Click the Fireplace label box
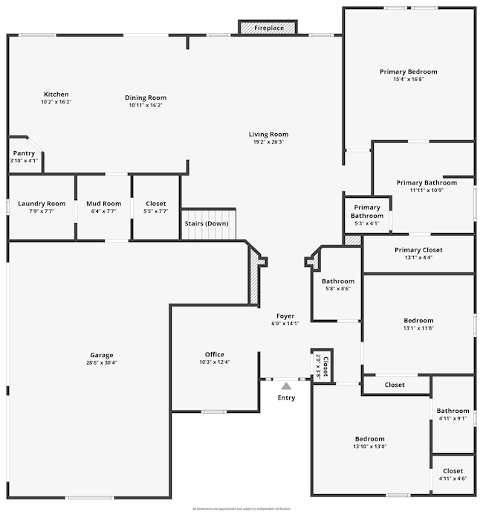click(268, 28)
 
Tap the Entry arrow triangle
click(286, 385)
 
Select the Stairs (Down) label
click(207, 224)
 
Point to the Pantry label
click(24, 153)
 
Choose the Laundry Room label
click(42, 204)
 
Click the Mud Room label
click(103, 204)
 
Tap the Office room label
click(215, 354)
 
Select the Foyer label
click(286, 316)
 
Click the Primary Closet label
click(418, 250)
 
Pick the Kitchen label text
click(56, 95)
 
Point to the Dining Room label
click(146, 97)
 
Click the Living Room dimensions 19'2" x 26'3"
click(268, 142)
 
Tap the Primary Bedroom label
click(409, 71)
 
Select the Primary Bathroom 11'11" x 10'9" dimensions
click(426, 190)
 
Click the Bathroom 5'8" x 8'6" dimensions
click(338, 289)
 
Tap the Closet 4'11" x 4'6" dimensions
click(453, 479)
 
